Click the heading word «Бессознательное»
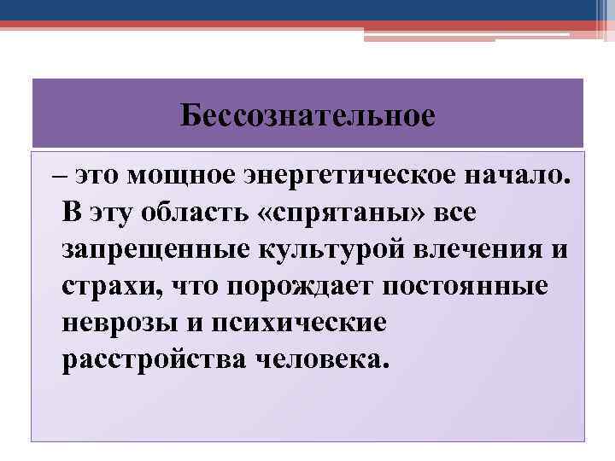pos(307,115)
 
